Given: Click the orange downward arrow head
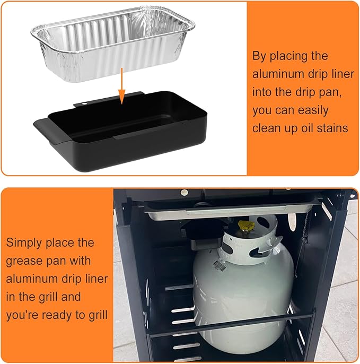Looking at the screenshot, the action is tap(121, 97).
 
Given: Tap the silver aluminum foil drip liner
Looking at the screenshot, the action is tap(113, 44).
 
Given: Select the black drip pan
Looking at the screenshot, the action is tap(121, 132).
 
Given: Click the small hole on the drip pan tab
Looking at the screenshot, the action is tap(84, 103).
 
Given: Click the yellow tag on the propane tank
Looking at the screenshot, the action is tap(246, 226).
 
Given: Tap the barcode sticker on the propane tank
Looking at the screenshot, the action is tap(219, 265).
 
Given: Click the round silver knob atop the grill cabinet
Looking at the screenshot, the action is tap(185, 193).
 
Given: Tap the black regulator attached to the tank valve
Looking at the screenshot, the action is tap(204, 235).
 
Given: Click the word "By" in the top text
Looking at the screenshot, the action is tap(259, 57).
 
